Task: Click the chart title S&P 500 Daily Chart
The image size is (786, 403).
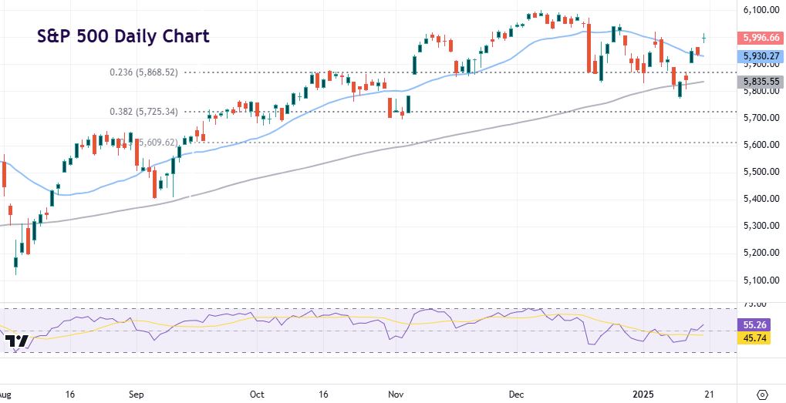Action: point(123,36)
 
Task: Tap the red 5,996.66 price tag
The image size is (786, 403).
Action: point(761,37)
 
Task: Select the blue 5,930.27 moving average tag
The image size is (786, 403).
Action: point(761,56)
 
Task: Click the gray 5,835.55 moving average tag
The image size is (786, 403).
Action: point(761,82)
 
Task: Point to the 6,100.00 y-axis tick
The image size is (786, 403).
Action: point(761,10)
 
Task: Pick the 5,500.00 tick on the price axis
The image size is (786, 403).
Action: point(761,172)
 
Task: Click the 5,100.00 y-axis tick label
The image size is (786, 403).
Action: point(761,280)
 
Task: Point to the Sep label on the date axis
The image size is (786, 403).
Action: point(137,394)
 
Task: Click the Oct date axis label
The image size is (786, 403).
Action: point(257,394)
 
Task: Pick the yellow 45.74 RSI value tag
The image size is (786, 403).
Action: point(754,338)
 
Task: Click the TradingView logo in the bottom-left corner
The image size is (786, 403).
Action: point(16,341)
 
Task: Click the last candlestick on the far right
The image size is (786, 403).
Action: point(704,37)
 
